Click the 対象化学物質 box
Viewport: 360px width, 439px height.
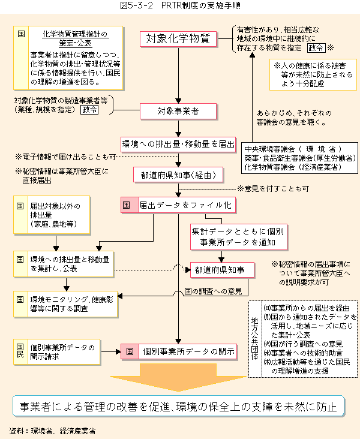point(178,39)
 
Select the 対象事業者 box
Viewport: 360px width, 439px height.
point(178,111)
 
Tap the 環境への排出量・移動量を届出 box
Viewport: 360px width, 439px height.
point(178,144)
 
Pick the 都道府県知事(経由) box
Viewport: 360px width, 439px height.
point(178,175)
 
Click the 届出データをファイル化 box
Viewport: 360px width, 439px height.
point(178,205)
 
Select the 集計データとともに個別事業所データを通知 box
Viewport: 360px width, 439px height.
point(239,237)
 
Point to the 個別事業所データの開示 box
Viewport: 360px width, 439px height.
point(179,351)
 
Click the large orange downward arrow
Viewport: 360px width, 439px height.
point(178,377)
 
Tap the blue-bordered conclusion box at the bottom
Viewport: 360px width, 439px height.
point(178,406)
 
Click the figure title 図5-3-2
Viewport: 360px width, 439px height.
point(136,5)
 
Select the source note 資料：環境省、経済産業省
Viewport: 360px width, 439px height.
point(52,431)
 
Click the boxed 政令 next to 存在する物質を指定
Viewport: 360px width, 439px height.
point(316,48)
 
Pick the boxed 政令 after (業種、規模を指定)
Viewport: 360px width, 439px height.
point(89,110)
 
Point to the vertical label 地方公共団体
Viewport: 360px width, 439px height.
point(254,338)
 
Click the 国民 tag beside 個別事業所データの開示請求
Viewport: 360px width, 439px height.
point(20,351)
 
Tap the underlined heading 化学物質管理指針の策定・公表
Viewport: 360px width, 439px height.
point(75,38)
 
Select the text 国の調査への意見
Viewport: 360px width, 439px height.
point(213,291)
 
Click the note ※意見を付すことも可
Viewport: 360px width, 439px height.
point(273,189)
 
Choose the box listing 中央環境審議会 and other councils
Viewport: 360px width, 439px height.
point(299,158)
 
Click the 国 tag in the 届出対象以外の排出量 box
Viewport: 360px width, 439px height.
point(20,206)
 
